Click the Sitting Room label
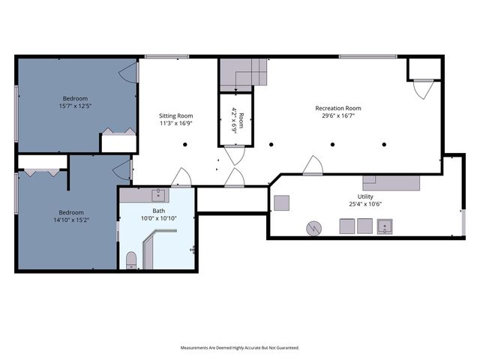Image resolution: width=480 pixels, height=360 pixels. [x=175, y=115]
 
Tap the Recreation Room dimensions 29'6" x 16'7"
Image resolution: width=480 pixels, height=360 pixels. [x=338, y=115]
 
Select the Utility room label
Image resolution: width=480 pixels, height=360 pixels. [x=365, y=196]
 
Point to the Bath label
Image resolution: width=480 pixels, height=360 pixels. [x=158, y=211]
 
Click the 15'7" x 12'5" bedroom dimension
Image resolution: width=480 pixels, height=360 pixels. [x=75, y=106]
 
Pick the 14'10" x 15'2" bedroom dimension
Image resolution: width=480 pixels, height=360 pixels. [x=71, y=220]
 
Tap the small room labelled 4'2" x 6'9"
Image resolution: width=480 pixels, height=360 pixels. [x=235, y=120]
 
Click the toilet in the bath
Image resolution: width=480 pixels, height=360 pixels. [x=131, y=260]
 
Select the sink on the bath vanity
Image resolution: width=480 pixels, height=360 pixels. [x=158, y=195]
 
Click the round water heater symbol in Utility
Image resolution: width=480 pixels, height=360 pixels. [x=313, y=228]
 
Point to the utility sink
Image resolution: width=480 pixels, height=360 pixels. [x=385, y=226]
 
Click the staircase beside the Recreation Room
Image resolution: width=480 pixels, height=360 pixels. [x=244, y=75]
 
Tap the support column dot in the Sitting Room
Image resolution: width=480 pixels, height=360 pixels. [x=185, y=145]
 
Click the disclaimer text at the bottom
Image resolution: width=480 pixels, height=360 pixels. [x=240, y=348]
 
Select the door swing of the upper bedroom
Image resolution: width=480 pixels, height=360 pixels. [x=129, y=73]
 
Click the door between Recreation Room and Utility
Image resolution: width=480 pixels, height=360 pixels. [x=313, y=166]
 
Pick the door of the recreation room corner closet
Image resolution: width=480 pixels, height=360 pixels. [x=423, y=89]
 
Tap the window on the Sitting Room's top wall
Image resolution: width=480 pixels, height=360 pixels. [x=166, y=57]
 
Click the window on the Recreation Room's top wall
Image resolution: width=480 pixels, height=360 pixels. [x=368, y=57]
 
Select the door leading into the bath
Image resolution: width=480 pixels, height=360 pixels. [x=181, y=177]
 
